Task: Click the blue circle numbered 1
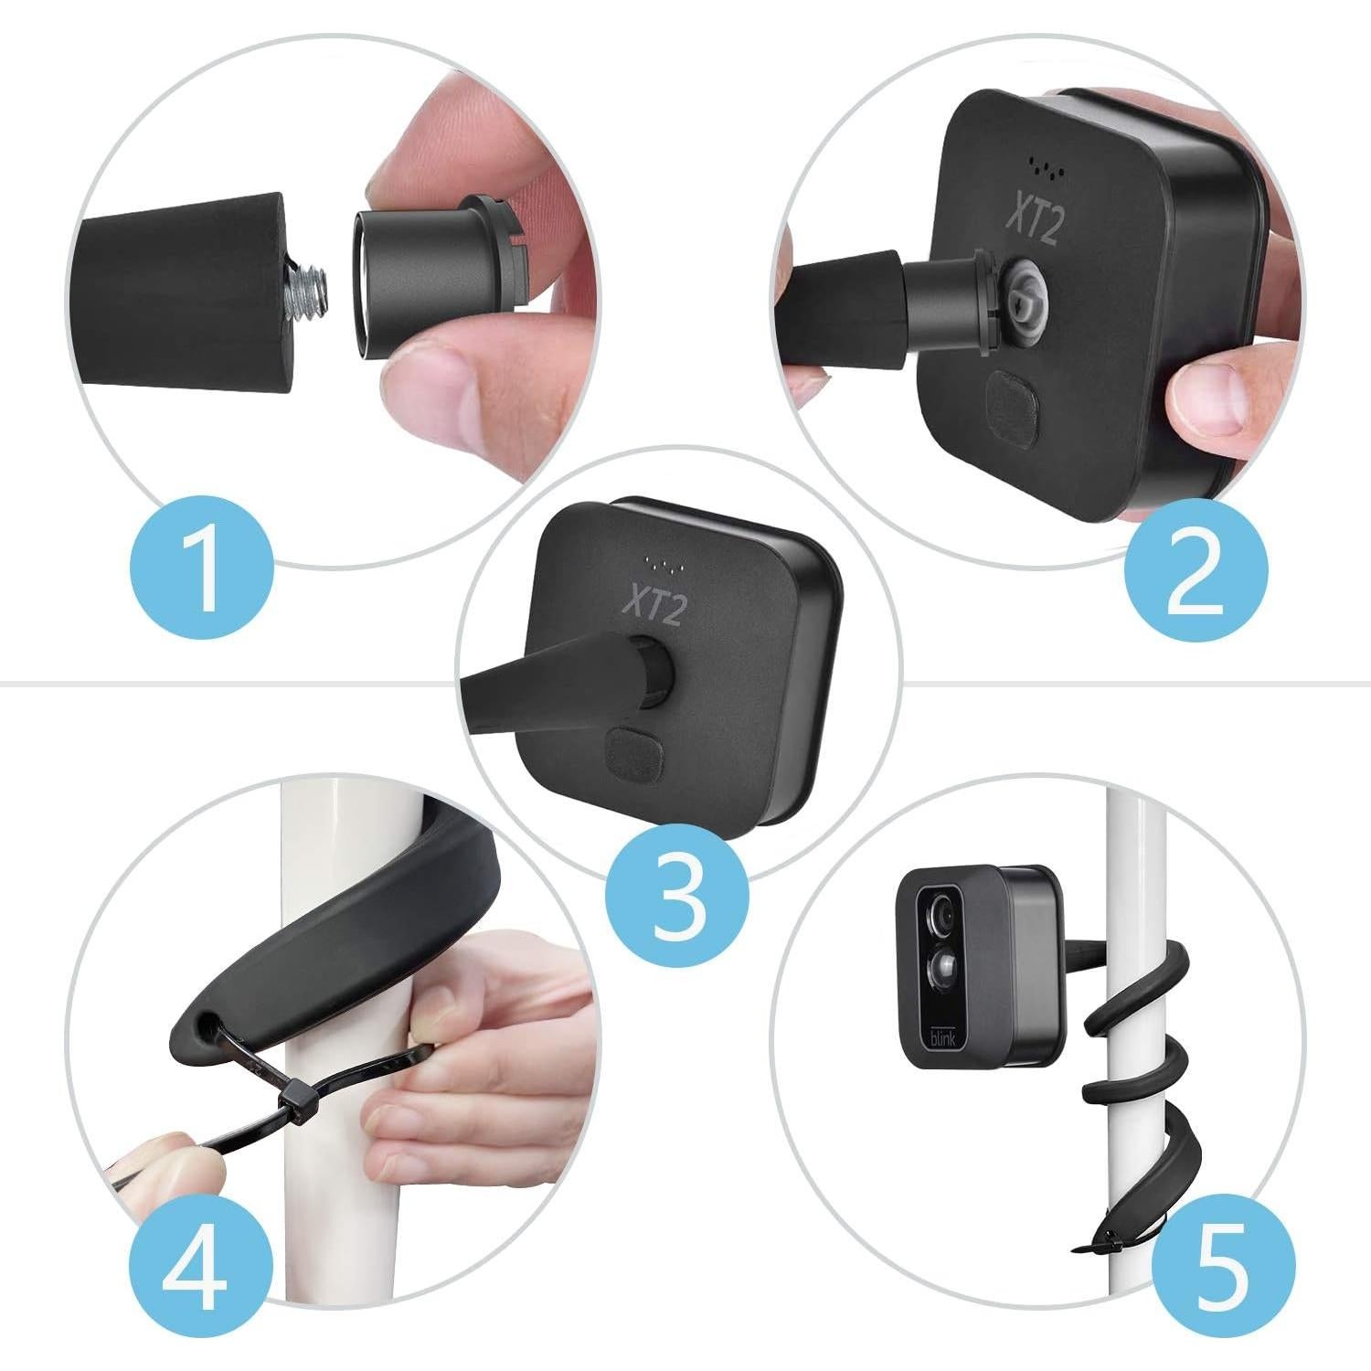coord(203,568)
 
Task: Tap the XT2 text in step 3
coord(653,603)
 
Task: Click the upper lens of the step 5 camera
coord(941,917)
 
